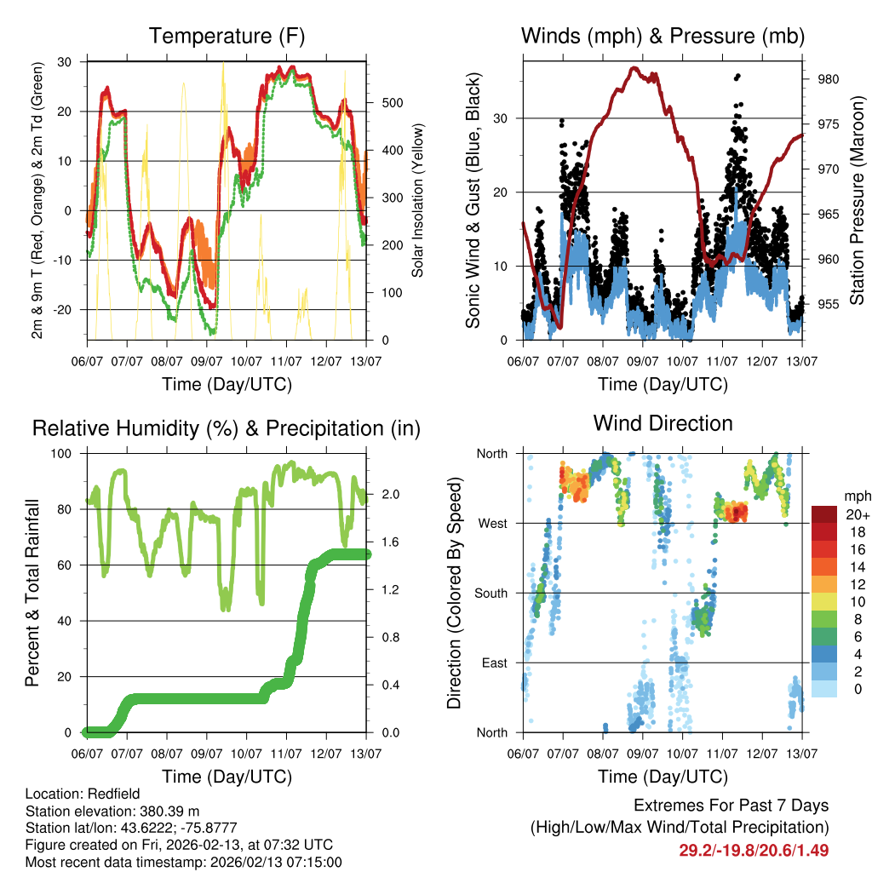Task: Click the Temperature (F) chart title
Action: pyautogui.click(x=227, y=36)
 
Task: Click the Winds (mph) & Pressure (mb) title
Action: pyautogui.click(x=663, y=36)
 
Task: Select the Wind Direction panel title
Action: pyautogui.click(x=663, y=423)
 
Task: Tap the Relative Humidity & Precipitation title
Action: pyautogui.click(x=227, y=428)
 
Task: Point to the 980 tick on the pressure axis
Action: pyautogui.click(x=829, y=79)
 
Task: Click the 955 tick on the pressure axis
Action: pyautogui.click(x=829, y=304)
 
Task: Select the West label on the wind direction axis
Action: pyautogui.click(x=493, y=523)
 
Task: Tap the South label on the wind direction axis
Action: pyautogui.click(x=491, y=593)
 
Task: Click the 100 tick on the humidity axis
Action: pyautogui.click(x=68, y=453)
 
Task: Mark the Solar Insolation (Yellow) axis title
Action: pyautogui.click(x=419, y=200)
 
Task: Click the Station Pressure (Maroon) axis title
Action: pyautogui.click(x=858, y=200)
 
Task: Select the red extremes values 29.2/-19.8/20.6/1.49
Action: pyautogui.click(x=754, y=850)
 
